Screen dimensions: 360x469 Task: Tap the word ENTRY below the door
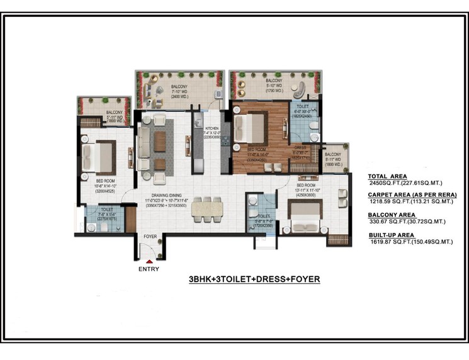pos(149,269)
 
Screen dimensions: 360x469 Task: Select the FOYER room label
pos(150,237)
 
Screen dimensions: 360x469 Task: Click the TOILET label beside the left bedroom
pos(106,209)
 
